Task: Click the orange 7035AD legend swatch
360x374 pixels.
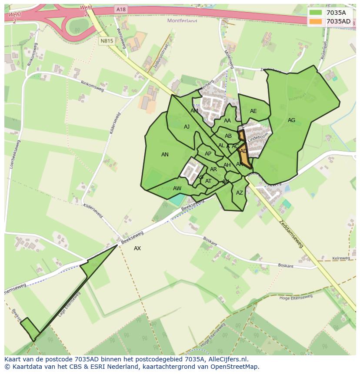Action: click(316, 21)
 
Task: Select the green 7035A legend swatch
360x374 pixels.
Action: click(316, 13)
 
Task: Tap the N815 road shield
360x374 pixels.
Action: click(106, 41)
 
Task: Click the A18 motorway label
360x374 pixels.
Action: click(121, 9)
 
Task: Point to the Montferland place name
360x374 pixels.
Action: click(182, 20)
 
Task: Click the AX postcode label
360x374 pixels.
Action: click(137, 248)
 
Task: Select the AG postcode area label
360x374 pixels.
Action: click(291, 120)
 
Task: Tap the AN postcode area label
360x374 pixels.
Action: click(165, 155)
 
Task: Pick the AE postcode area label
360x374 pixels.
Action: click(253, 111)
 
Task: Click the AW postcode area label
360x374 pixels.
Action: click(177, 189)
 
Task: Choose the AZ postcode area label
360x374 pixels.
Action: click(240, 193)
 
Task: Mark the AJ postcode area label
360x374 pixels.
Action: click(187, 127)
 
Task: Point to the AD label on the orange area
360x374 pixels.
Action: click(243, 151)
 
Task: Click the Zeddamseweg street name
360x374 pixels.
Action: click(291, 233)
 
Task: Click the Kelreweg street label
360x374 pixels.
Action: click(340, 258)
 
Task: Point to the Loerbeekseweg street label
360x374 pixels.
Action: click(15, 154)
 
